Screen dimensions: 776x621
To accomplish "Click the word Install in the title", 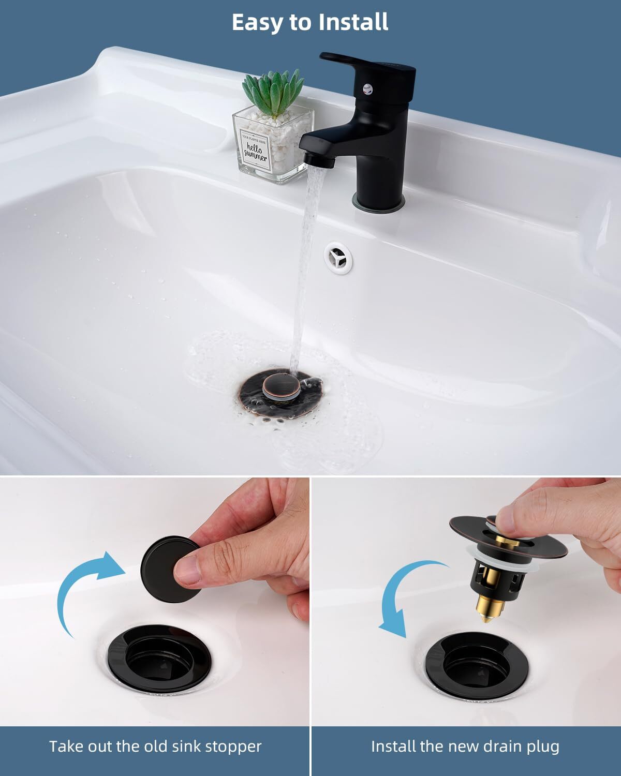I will tap(353, 22).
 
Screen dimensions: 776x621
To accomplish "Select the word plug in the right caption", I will tap(541, 747).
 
